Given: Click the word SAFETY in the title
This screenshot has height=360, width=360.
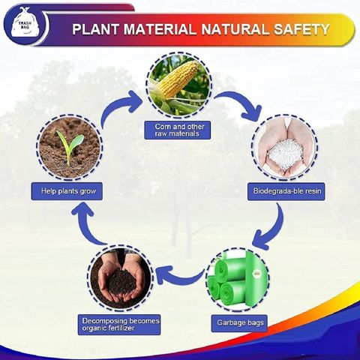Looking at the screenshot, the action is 301,29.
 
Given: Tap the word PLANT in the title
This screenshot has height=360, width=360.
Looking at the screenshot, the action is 95,29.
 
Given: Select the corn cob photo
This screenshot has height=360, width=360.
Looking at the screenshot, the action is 178,85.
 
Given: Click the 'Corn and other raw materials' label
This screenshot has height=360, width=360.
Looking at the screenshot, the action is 178,130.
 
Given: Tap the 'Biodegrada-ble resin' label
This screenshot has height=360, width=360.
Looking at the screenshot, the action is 286,191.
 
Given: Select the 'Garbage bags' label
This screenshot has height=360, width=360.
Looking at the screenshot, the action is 239,323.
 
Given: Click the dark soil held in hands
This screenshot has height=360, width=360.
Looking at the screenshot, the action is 121,283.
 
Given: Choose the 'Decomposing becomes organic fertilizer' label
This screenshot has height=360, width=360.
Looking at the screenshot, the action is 119,325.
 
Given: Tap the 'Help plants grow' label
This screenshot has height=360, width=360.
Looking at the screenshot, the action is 67,191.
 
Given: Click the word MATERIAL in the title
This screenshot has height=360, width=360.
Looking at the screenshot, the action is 160,29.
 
